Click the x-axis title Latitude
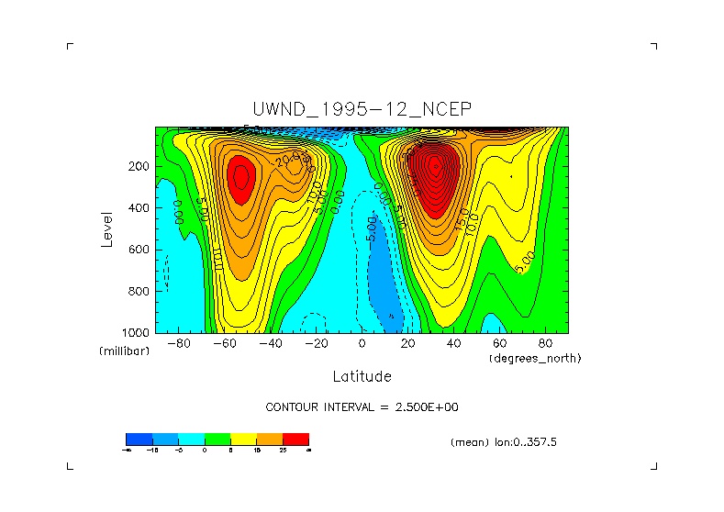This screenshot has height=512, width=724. tap(362, 376)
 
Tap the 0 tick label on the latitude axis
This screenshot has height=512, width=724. tap(362, 344)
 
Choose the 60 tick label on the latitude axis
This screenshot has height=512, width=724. tap(499, 344)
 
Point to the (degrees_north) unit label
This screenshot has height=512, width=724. tap(536, 357)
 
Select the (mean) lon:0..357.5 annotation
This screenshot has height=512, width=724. tap(504, 441)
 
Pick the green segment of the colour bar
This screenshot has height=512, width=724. tap(217, 439)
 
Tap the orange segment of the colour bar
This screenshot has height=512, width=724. tap(270, 439)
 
